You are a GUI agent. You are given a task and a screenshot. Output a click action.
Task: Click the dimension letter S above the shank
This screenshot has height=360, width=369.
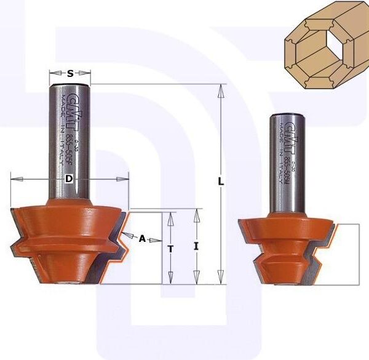coord(70,73)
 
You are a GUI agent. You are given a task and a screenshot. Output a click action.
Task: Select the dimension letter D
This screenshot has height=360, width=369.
coord(69,179)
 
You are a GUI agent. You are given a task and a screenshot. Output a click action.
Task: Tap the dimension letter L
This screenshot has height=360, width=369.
coord(221,183)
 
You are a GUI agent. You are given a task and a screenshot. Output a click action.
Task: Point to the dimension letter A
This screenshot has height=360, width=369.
coord(142,239)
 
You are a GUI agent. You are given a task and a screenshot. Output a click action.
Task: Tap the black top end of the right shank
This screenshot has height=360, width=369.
coord(290,114)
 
